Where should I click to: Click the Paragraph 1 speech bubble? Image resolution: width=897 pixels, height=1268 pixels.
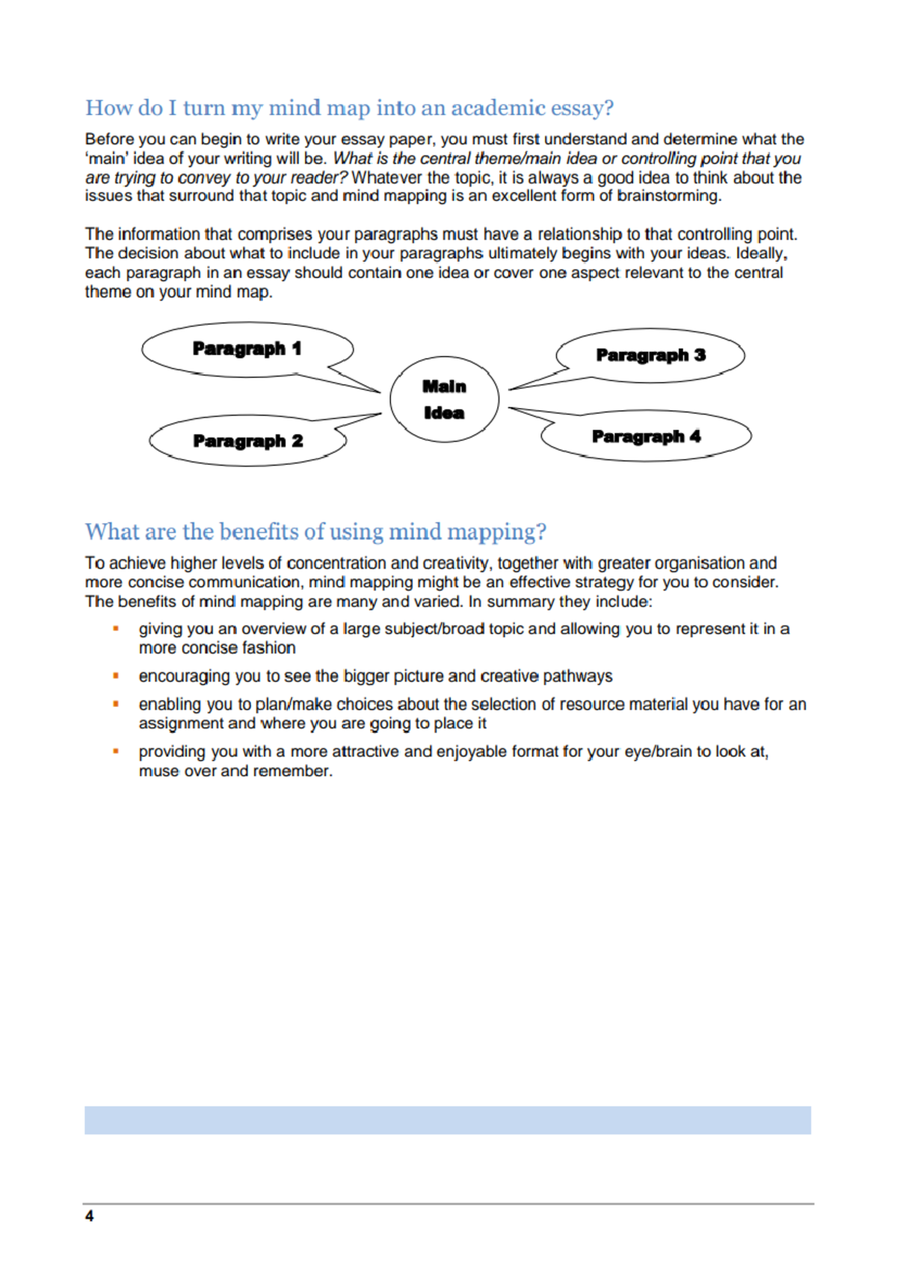click(x=247, y=349)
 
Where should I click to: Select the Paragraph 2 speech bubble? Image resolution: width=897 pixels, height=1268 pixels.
click(x=247, y=441)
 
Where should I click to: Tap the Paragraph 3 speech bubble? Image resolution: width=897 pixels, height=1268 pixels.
click(x=650, y=355)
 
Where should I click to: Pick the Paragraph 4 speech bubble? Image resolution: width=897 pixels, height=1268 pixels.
click(x=646, y=436)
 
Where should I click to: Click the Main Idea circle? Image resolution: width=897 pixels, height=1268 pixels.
click(x=444, y=399)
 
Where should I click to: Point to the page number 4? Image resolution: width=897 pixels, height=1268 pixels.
click(x=89, y=1216)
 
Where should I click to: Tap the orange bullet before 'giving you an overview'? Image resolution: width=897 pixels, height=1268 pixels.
click(x=116, y=629)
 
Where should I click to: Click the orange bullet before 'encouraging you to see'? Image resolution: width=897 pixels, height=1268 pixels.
click(x=116, y=676)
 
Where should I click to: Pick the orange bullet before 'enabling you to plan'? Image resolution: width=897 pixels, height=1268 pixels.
click(x=116, y=704)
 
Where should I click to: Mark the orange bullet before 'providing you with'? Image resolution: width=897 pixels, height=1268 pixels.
click(x=116, y=751)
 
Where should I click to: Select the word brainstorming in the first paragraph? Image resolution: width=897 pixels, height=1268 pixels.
click(x=668, y=197)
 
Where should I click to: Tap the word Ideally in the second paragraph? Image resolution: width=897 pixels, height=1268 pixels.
click(x=760, y=253)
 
